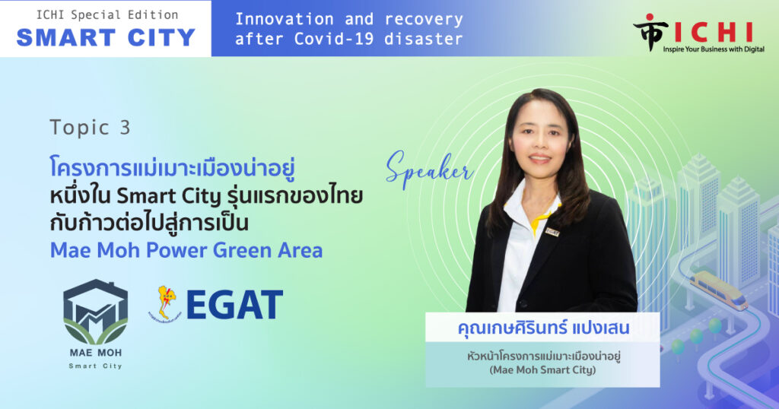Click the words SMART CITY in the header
coord(106,38)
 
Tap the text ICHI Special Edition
coord(107,15)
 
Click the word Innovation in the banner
coord(285,19)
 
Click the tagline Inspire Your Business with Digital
coord(714,49)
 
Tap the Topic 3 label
coord(90,128)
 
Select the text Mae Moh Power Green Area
coord(186,250)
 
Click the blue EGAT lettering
coord(234,305)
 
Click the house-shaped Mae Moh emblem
coord(95,312)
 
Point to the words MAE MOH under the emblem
coord(95,353)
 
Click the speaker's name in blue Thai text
coord(543,328)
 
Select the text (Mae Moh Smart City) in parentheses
coord(542,369)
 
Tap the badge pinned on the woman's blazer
coord(552,232)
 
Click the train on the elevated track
coord(719,290)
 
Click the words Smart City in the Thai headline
coord(168,197)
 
